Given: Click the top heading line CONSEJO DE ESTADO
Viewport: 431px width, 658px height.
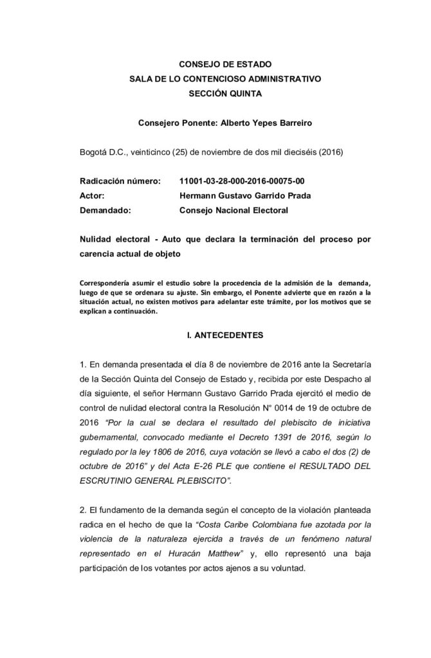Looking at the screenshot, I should coord(215,64).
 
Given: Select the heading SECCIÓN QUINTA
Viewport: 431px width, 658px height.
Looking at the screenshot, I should coord(215,93).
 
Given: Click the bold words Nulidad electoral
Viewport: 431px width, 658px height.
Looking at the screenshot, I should coord(115,239).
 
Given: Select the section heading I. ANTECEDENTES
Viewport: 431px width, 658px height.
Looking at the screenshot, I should coord(215,335).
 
